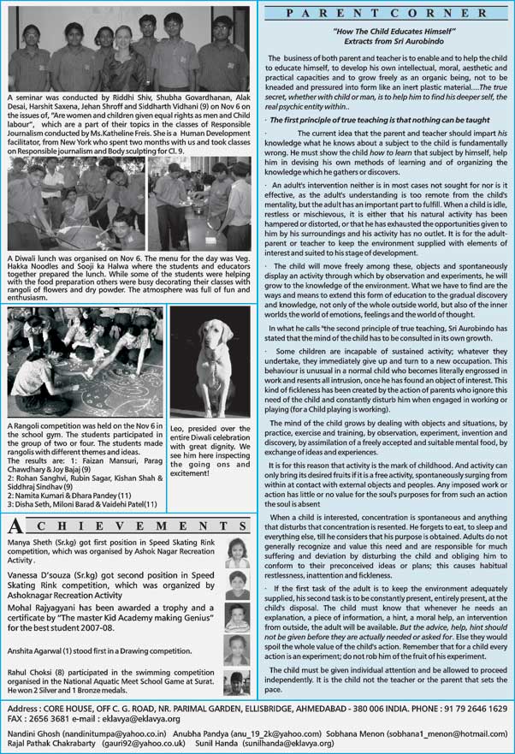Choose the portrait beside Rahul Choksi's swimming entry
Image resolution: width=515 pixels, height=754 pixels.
239,682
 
